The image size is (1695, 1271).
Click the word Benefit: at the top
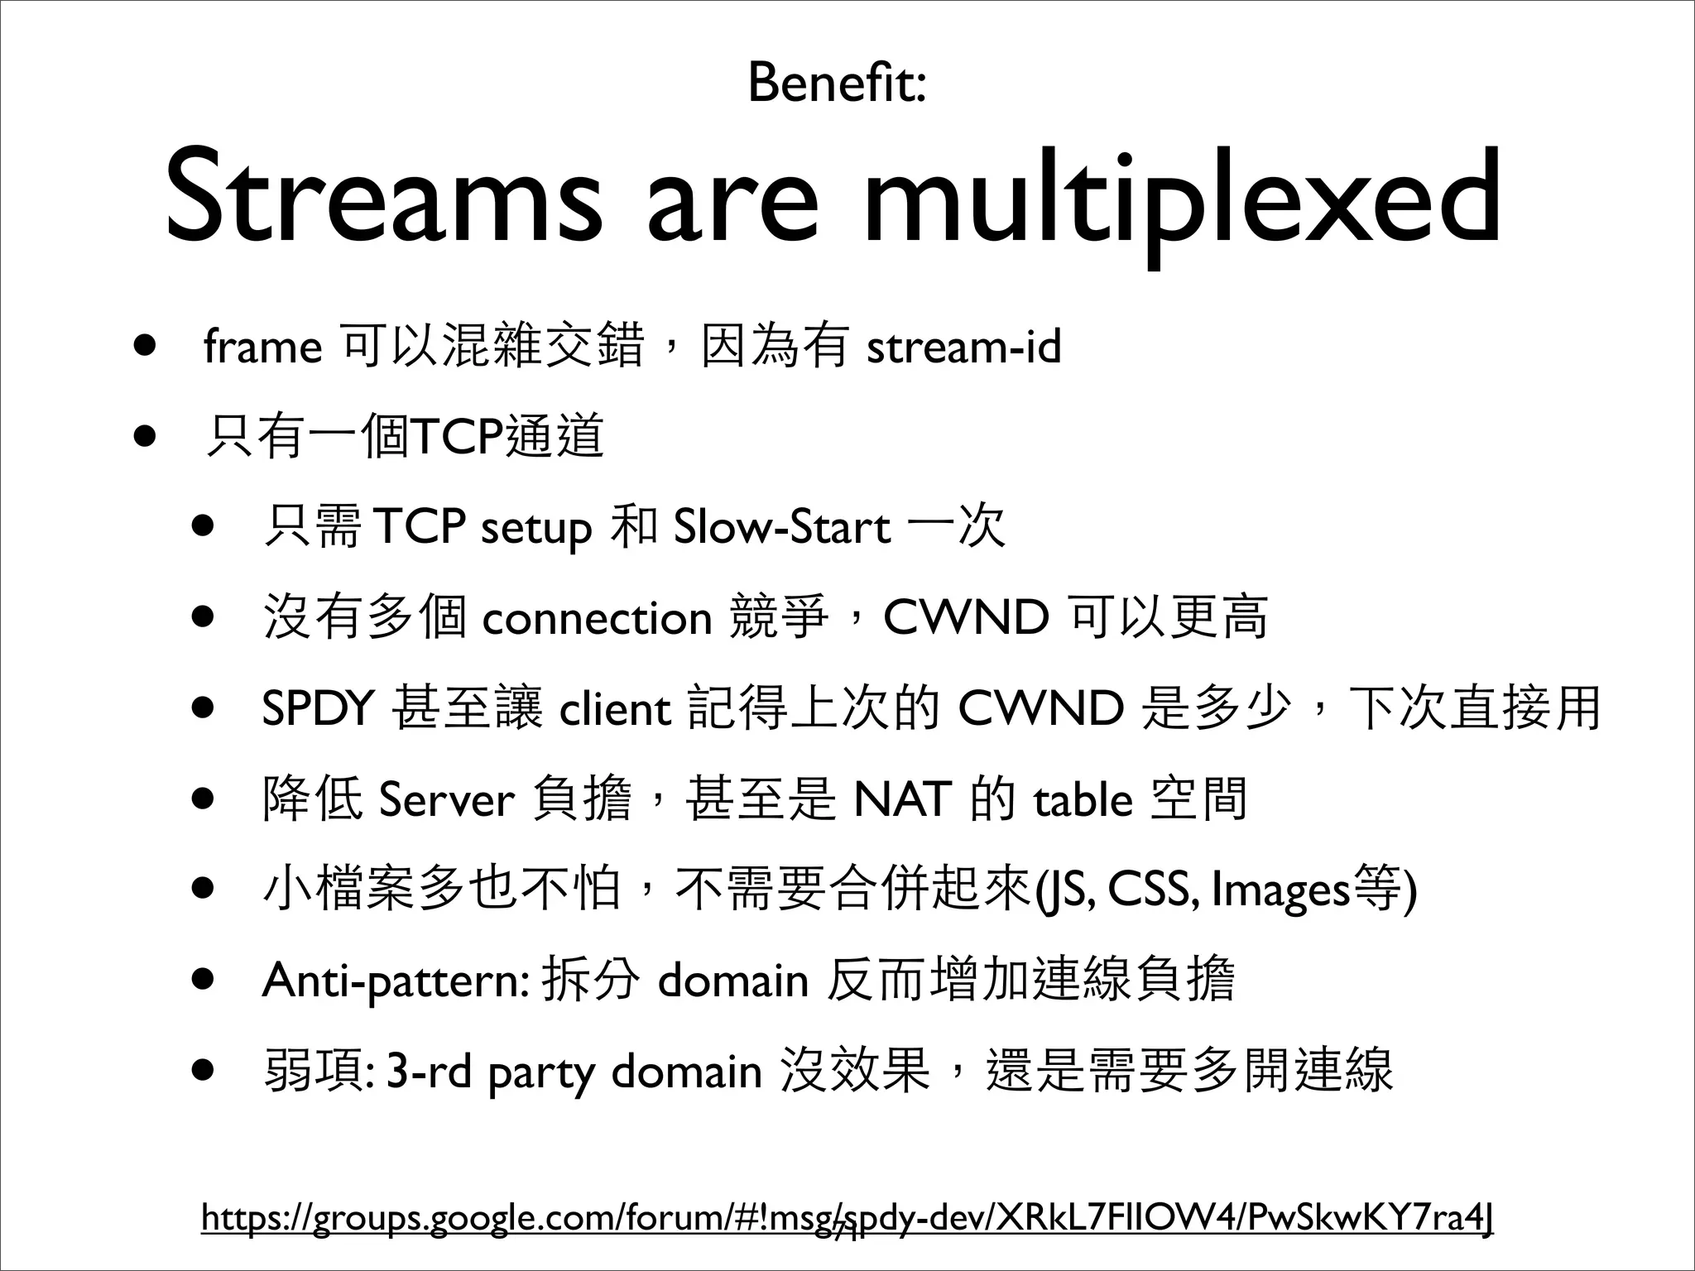836,84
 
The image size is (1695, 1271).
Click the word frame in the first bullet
262,348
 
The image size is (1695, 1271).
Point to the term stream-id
963,348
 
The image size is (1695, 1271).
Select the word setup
536,528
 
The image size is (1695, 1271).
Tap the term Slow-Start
782,528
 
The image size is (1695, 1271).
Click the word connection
596,619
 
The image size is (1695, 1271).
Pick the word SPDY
319,709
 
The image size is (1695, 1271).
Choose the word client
615,709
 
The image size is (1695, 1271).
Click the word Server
446,800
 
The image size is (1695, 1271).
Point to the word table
1083,800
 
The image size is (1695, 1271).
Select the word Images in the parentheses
1280,890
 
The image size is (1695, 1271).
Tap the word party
541,1073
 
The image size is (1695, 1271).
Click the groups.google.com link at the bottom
847,1218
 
